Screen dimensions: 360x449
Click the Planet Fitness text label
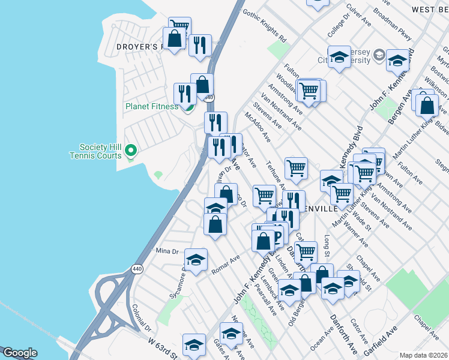click(x=151, y=107)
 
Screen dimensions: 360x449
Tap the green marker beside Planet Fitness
click(x=187, y=107)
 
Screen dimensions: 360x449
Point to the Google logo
click(x=20, y=353)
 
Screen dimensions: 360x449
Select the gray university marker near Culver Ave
click(x=379, y=56)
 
